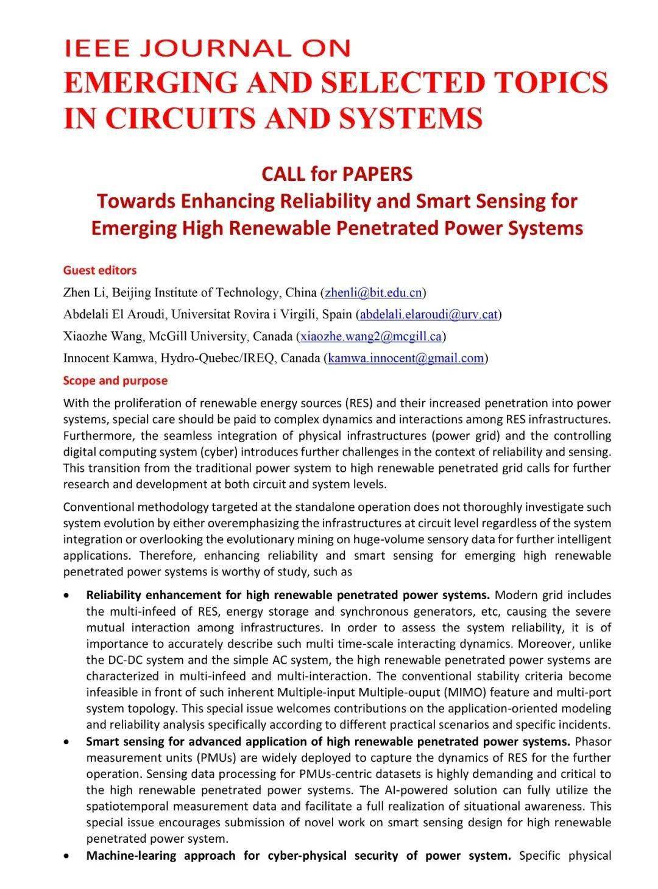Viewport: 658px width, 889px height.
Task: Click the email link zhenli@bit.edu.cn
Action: [373, 292]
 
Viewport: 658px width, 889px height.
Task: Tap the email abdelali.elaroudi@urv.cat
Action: [430, 314]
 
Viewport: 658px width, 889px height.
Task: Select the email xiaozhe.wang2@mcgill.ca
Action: [370, 336]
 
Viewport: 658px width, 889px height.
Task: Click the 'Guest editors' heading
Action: [100, 270]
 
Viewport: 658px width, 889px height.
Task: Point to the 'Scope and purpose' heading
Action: [115, 381]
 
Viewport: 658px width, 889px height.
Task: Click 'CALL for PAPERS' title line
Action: [337, 174]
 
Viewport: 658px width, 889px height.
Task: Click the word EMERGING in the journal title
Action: [143, 82]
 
